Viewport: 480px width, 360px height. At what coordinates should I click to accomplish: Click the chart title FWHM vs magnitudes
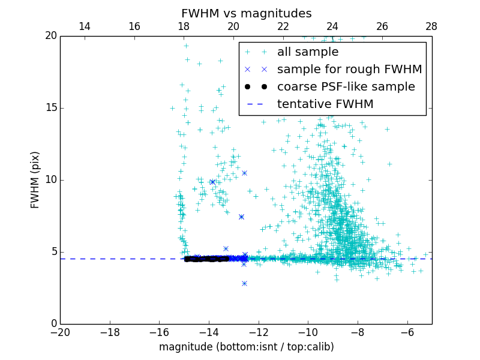coord(246,13)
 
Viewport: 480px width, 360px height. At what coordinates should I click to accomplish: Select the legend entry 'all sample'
coord(308,52)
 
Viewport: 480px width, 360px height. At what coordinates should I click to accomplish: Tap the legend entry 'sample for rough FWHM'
coord(349,70)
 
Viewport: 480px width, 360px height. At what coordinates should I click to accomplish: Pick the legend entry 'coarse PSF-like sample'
coord(346,87)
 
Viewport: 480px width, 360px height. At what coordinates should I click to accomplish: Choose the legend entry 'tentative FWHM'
coord(325,104)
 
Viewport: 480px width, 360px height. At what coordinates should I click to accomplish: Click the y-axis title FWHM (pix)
coord(35,180)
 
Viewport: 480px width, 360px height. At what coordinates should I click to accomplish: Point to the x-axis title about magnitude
coord(246,347)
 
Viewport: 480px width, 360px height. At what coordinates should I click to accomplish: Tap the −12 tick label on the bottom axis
coord(259,332)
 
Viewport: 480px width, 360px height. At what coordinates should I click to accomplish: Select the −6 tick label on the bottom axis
coord(407,332)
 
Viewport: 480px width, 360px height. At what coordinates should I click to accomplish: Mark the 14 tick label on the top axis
coord(85,27)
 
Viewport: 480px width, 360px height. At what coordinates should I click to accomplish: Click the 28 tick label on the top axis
coord(431,27)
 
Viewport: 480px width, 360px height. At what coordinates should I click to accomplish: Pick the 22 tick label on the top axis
coord(283,27)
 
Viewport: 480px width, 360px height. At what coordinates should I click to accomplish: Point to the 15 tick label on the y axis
coord(50,108)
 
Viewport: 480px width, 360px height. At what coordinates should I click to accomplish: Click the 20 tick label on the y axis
coord(50,36)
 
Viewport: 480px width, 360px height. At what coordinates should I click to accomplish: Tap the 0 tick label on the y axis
coord(53,324)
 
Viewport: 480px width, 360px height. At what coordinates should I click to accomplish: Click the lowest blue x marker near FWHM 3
coord(244,283)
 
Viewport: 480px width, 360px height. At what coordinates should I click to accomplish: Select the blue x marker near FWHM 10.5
coord(244,173)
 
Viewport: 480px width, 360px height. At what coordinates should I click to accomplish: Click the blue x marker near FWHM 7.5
coord(241,217)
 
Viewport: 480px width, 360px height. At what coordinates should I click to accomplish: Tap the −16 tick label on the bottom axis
coord(159,332)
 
